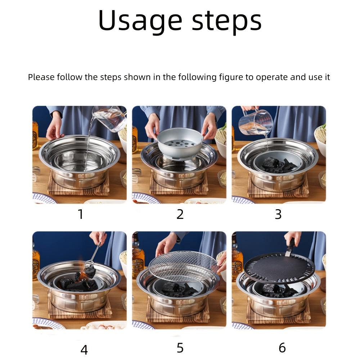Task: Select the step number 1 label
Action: (81, 214)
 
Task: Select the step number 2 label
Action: (180, 214)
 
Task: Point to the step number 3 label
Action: (278, 214)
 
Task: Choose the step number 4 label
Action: (84, 349)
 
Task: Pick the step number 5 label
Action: (180, 348)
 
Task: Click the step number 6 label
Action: (282, 348)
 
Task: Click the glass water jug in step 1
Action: (110, 118)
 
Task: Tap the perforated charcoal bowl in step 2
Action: (180, 143)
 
